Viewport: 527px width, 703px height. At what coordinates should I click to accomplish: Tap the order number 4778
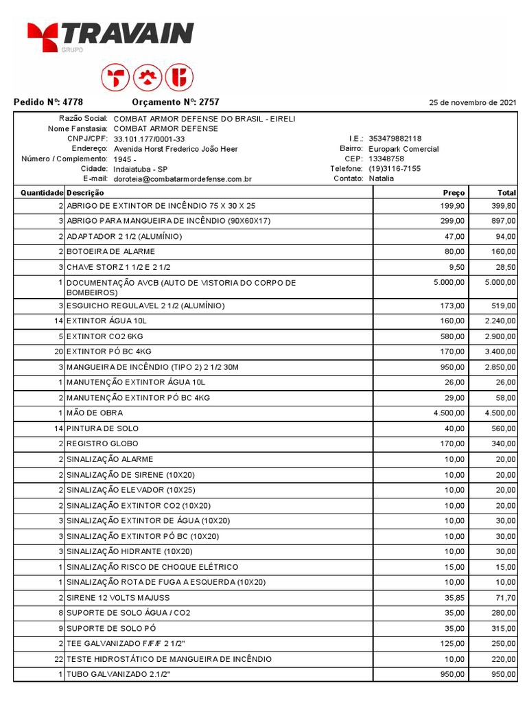[x=73, y=102]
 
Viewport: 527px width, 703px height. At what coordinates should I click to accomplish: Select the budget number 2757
[x=209, y=102]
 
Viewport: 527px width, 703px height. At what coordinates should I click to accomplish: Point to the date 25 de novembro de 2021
[x=473, y=103]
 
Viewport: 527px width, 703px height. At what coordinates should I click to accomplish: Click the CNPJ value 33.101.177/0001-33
[x=149, y=139]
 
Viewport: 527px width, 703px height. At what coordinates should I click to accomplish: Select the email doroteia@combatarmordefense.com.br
[x=183, y=179]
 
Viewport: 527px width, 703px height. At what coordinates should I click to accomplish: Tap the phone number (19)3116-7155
[x=395, y=169]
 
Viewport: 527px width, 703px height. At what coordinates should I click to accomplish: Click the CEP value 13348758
[x=386, y=159]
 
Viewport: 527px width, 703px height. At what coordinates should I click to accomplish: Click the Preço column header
[x=454, y=193]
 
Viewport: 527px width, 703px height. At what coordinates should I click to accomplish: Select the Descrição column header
[x=85, y=193]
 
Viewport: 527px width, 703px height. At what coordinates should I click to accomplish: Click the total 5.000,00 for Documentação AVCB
[x=500, y=282]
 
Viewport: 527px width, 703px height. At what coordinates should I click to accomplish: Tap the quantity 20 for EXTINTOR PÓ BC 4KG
[x=59, y=351]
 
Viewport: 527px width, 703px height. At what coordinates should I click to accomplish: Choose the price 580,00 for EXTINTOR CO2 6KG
[x=454, y=336]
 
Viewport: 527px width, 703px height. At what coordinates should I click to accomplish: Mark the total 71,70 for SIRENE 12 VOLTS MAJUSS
[x=505, y=598]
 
